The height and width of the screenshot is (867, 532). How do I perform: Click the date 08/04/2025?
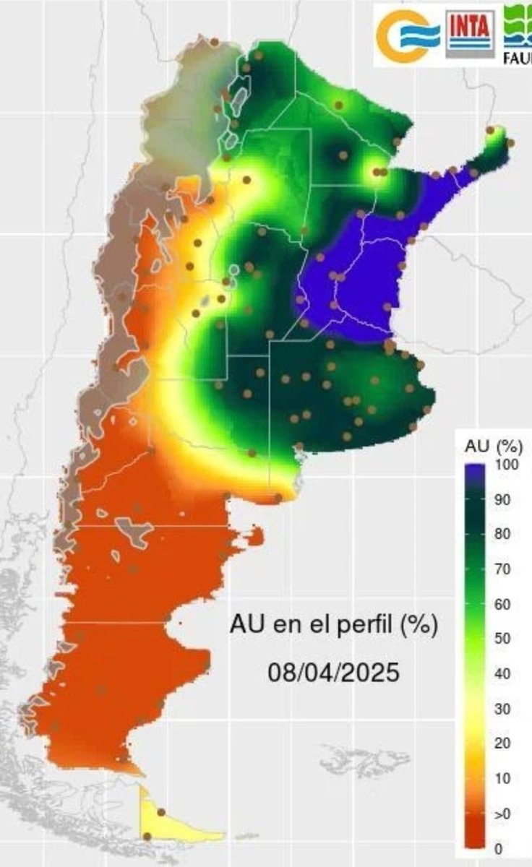coord(333,673)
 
